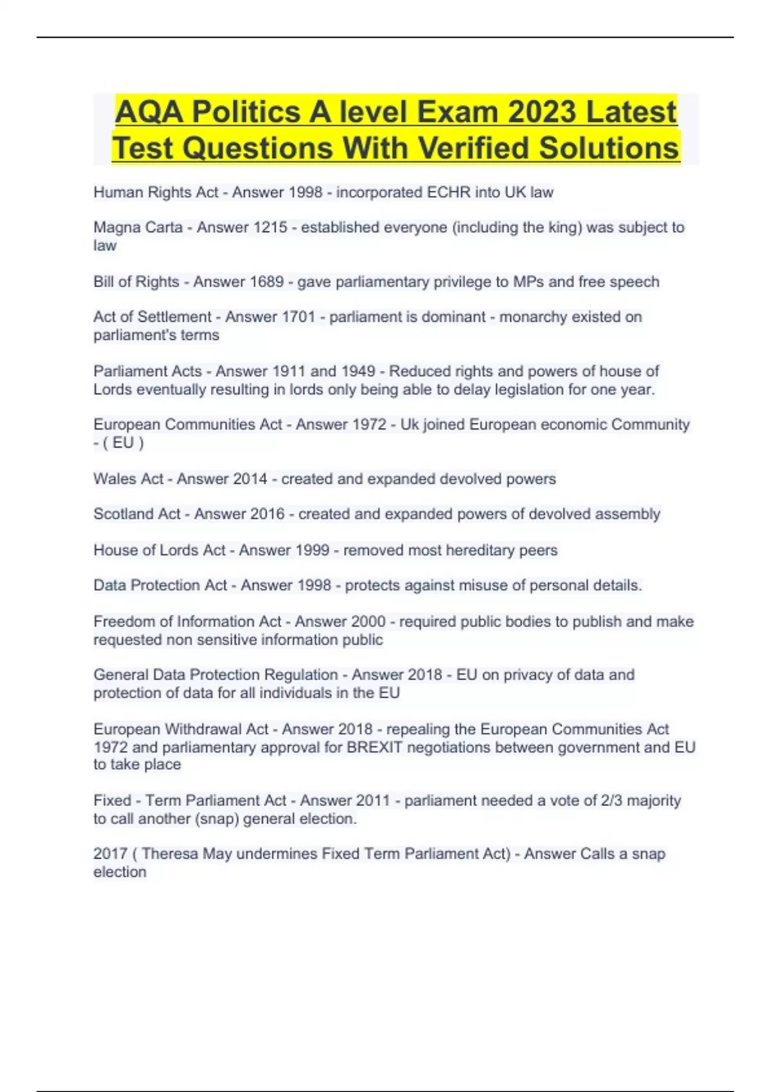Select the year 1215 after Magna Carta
pos(269,227)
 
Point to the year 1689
pos(266,281)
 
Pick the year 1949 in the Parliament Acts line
pos(358,371)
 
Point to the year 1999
pos(312,550)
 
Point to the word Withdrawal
pos(217,729)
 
